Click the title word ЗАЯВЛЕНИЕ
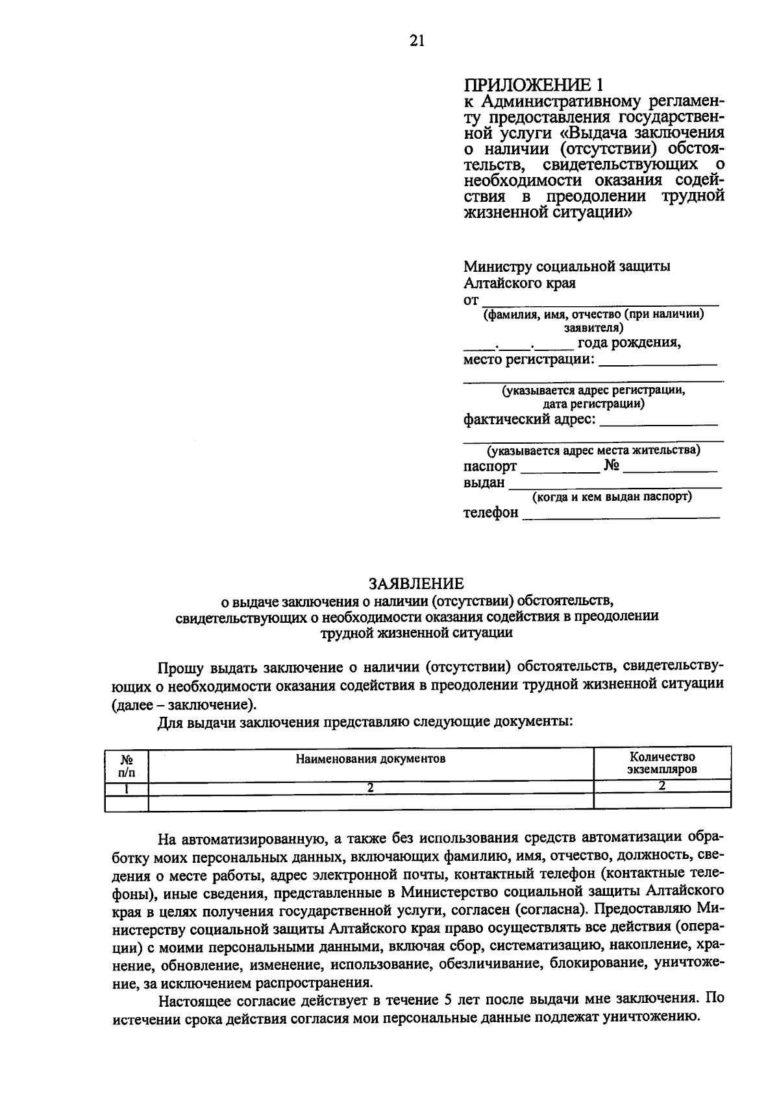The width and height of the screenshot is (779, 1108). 417,583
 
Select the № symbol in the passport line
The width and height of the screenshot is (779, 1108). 612,466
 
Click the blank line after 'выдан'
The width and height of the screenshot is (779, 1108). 615,484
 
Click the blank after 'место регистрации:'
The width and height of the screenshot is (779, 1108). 658,361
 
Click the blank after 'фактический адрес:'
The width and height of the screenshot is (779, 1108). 658,420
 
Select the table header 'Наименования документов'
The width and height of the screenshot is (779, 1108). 371,758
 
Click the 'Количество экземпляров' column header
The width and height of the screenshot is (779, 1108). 662,764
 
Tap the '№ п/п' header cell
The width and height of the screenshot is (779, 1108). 127,764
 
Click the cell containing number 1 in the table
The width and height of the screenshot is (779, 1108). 127,788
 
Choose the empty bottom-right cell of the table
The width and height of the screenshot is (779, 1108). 662,802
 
